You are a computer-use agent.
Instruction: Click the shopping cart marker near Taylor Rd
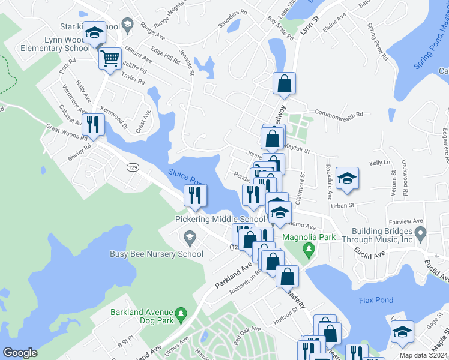[110, 59]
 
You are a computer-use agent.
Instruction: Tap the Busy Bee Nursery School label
[157, 254]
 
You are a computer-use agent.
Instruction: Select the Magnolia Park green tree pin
[309, 248]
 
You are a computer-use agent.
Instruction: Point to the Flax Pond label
[375, 300]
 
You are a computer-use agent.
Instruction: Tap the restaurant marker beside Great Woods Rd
[92, 125]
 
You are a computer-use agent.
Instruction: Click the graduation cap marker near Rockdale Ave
[346, 178]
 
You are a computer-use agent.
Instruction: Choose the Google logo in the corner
[20, 353]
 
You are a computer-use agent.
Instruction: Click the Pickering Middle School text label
[220, 220]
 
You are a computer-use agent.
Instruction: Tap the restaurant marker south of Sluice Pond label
[195, 194]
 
